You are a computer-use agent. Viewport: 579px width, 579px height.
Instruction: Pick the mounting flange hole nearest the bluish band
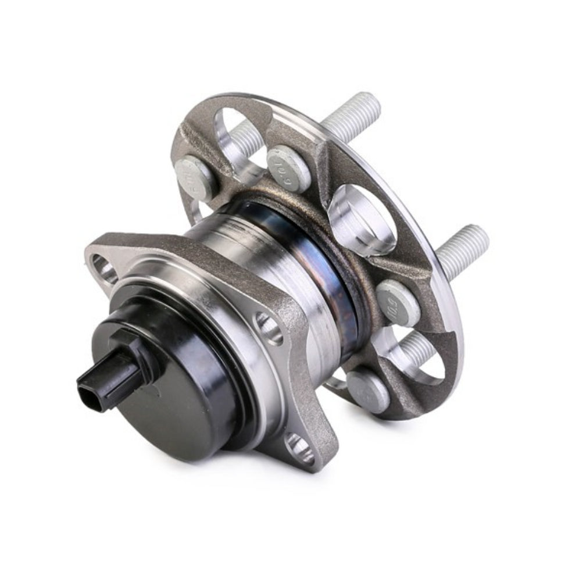click(x=268, y=328)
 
